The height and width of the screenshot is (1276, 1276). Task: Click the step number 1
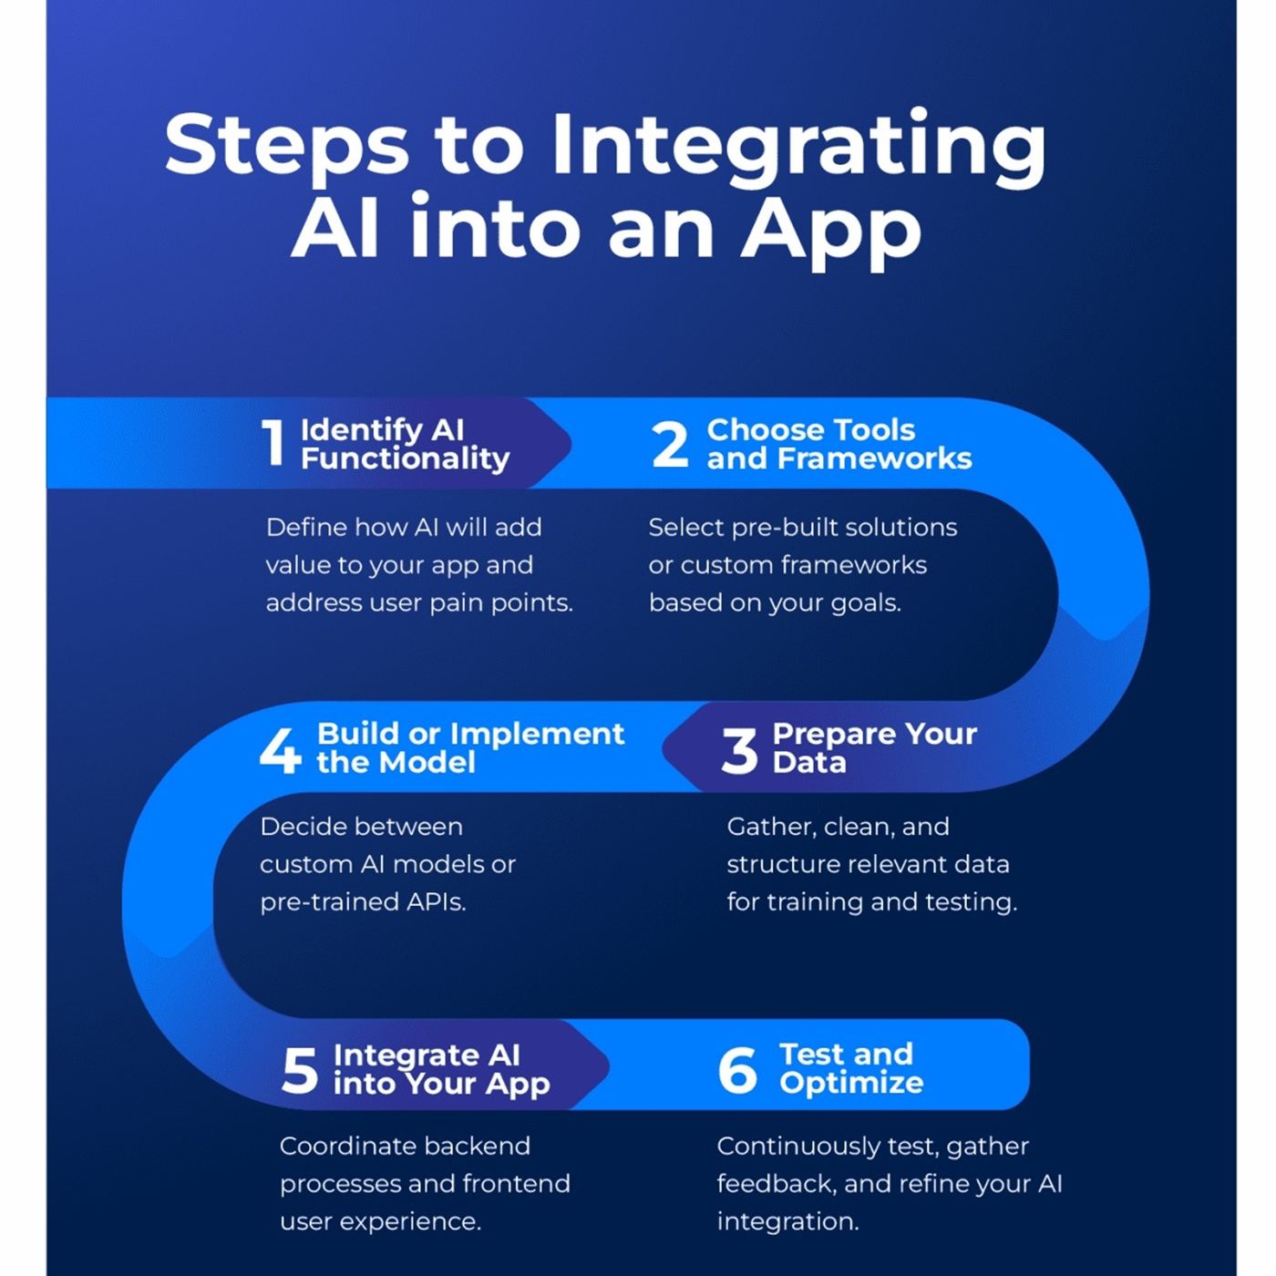click(273, 443)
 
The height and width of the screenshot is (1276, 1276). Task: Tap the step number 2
click(670, 444)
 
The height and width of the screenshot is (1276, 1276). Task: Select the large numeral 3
click(738, 751)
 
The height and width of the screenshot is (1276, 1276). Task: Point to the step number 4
click(280, 750)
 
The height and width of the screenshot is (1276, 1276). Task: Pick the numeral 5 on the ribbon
click(300, 1069)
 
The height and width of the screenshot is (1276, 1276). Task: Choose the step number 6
click(737, 1069)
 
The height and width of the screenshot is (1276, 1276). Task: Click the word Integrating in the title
click(798, 146)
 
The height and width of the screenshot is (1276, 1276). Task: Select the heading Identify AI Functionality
click(405, 444)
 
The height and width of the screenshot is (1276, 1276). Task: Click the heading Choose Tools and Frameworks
click(839, 444)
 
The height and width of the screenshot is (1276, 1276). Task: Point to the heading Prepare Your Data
click(873, 747)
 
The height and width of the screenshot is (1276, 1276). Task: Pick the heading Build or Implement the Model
click(469, 747)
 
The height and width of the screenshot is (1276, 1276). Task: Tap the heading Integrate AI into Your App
click(441, 1069)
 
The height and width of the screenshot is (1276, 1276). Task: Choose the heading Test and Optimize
click(850, 1068)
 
